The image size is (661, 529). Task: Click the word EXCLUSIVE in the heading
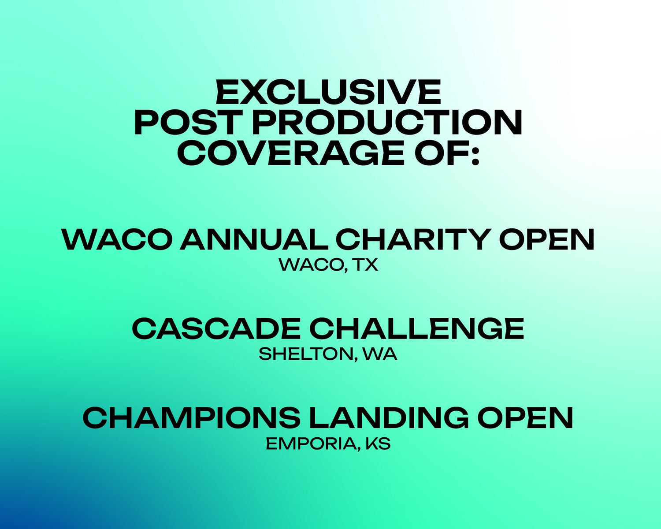click(x=329, y=92)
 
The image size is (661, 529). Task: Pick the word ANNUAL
click(x=254, y=239)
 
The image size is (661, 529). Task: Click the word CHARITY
click(x=413, y=239)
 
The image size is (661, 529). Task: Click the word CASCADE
click(x=216, y=328)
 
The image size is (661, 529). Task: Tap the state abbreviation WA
click(x=380, y=354)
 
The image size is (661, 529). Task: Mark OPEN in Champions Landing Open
click(x=525, y=417)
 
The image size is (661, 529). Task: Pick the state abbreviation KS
click(x=378, y=443)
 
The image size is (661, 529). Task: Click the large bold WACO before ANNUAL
click(x=117, y=239)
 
